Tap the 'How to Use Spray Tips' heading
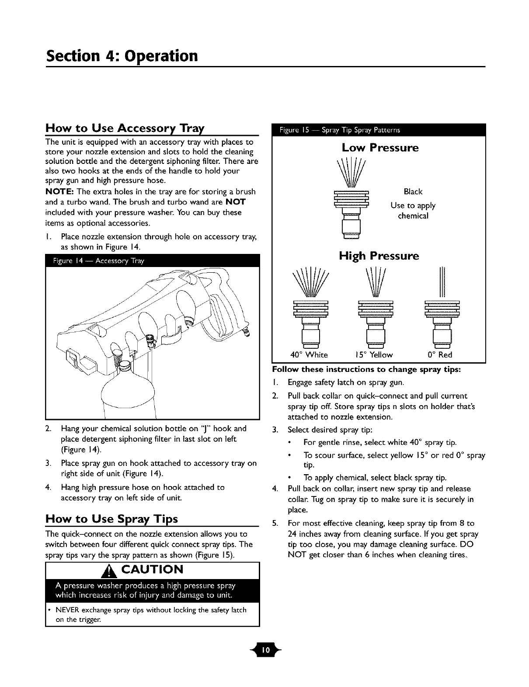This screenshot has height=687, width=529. click(111, 519)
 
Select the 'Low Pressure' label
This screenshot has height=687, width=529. click(380, 148)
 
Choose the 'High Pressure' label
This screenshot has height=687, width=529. click(379, 256)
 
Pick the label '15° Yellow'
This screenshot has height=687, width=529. click(375, 354)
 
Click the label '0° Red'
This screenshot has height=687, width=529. click(440, 354)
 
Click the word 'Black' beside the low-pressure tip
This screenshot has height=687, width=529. click(413, 191)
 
